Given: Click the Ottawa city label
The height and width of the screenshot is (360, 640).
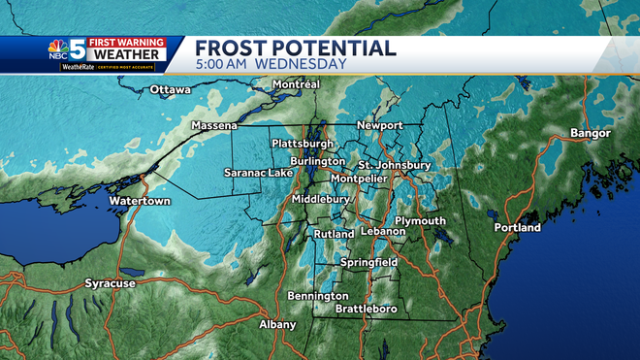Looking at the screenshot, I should [x=171, y=90].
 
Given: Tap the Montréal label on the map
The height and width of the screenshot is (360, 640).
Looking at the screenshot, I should [x=297, y=84].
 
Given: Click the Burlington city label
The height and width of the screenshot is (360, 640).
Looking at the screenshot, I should [x=317, y=161].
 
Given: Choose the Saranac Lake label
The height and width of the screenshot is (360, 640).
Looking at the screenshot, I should [x=259, y=173].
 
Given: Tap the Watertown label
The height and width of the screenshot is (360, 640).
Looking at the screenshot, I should [x=139, y=201].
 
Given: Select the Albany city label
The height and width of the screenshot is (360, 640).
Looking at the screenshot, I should [x=277, y=324].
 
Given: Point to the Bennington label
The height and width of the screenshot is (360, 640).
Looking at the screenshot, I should [x=318, y=295].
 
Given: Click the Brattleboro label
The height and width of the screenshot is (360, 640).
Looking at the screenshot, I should [x=367, y=309].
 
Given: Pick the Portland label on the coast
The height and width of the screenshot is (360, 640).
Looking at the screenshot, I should [x=518, y=227].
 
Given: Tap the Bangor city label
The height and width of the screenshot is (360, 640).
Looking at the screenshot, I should [x=591, y=133].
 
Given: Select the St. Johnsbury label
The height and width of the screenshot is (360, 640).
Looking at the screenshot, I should [x=395, y=165].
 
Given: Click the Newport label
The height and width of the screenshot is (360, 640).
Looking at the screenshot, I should [x=379, y=126].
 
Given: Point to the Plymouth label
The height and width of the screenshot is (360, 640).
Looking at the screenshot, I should [x=419, y=221].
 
